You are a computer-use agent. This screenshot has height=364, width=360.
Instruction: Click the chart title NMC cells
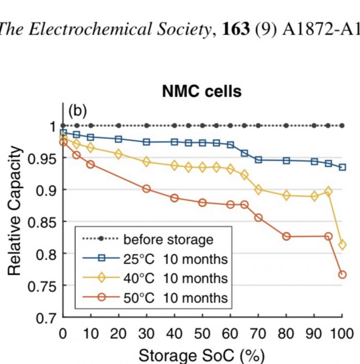click(202, 91)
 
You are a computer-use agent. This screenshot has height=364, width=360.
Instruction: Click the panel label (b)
click(77, 111)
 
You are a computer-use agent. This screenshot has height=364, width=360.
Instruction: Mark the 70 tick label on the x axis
click(258, 334)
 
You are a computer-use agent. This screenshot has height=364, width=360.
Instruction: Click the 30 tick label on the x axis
click(146, 334)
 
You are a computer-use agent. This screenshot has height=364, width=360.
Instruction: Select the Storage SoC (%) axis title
click(202, 355)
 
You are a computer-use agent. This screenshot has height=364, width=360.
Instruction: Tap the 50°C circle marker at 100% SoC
click(342, 274)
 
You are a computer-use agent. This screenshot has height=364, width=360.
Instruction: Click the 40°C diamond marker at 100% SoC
click(342, 245)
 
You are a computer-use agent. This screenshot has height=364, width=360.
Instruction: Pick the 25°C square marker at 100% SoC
click(342, 167)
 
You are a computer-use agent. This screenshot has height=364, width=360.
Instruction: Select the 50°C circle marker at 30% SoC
click(146, 189)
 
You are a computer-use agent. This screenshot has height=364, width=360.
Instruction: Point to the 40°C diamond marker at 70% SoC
click(258, 190)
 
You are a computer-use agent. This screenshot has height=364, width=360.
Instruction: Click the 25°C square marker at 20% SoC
click(119, 139)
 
